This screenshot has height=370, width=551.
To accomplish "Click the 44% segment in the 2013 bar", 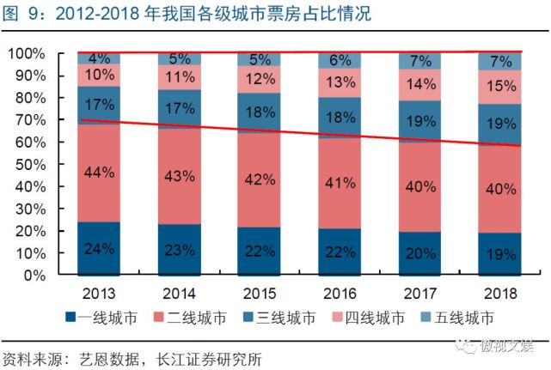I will click(x=99, y=173).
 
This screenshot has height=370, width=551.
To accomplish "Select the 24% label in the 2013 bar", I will click(x=99, y=250).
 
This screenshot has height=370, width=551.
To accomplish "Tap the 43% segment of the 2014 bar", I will click(x=179, y=177).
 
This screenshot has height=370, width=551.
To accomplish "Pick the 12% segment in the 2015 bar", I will click(x=259, y=80).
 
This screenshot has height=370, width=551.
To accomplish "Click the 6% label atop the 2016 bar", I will click(x=339, y=61).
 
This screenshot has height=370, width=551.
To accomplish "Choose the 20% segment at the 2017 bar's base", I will click(x=419, y=253).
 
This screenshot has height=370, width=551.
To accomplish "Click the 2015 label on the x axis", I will click(x=259, y=290).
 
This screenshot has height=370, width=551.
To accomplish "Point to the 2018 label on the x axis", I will click(x=499, y=290).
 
